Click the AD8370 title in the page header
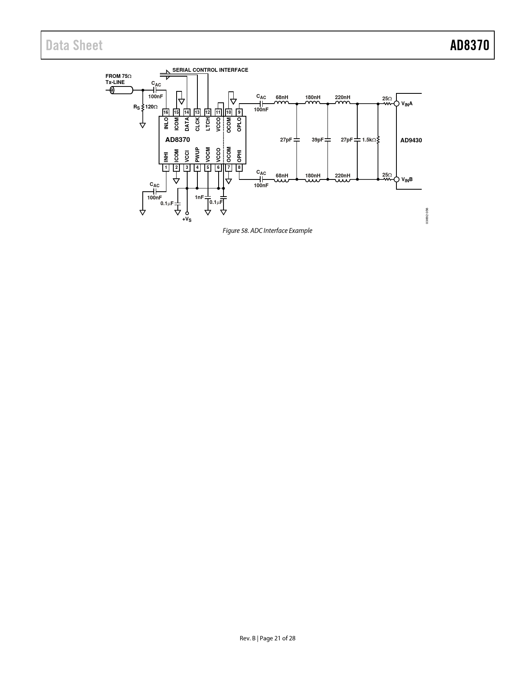click(x=469, y=45)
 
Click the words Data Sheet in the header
click(x=74, y=45)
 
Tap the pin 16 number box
click(x=166, y=112)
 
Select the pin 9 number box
click(x=239, y=112)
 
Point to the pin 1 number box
click(x=166, y=168)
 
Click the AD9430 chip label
click(x=411, y=140)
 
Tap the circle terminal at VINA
click(x=396, y=104)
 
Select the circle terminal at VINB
click(x=396, y=179)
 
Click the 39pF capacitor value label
click(x=317, y=139)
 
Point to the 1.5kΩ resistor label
click(x=369, y=140)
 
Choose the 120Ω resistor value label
click(x=151, y=107)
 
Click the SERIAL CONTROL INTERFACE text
click(x=210, y=70)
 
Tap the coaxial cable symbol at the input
click(x=122, y=91)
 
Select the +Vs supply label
click(x=187, y=219)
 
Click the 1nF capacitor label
click(x=199, y=197)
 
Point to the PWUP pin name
click(x=197, y=155)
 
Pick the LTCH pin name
click(x=208, y=124)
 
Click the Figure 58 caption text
click(x=267, y=231)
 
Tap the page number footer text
click(x=267, y=638)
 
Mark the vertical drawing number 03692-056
click(x=427, y=216)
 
